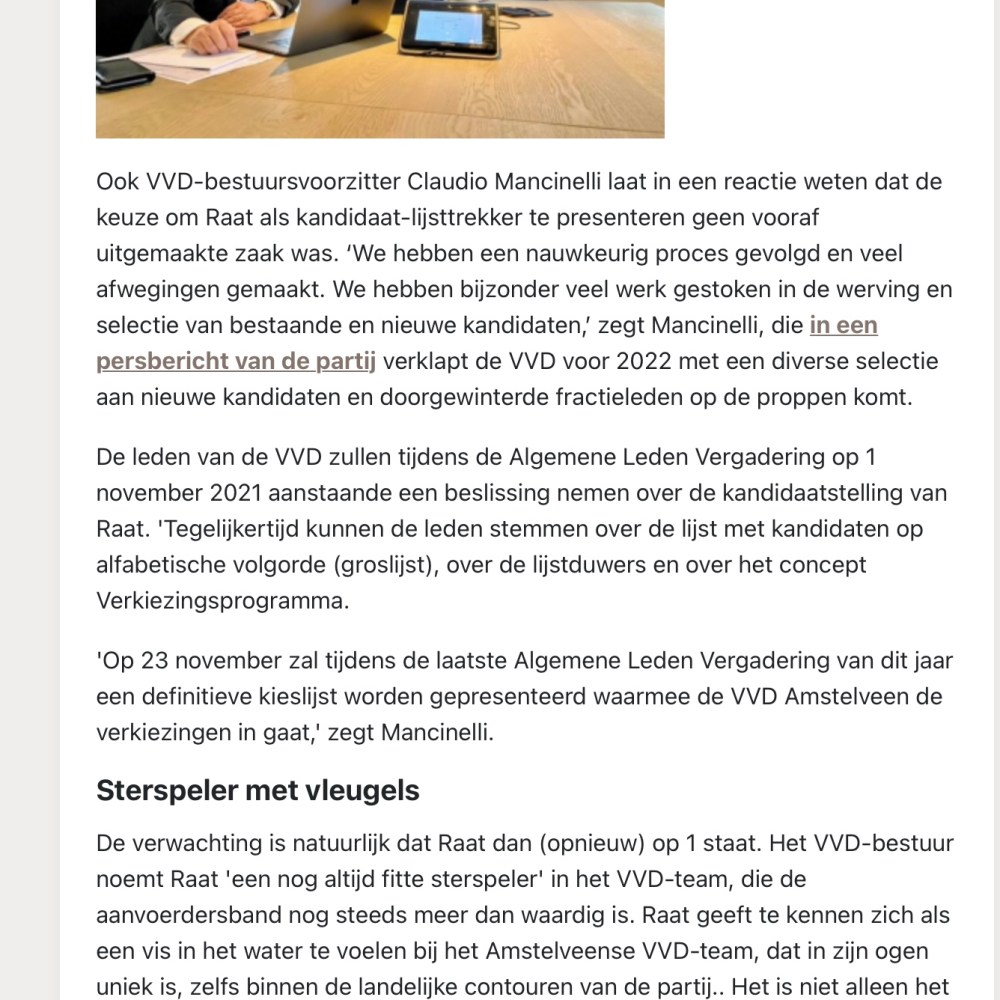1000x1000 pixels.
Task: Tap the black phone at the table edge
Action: click(x=125, y=73)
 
